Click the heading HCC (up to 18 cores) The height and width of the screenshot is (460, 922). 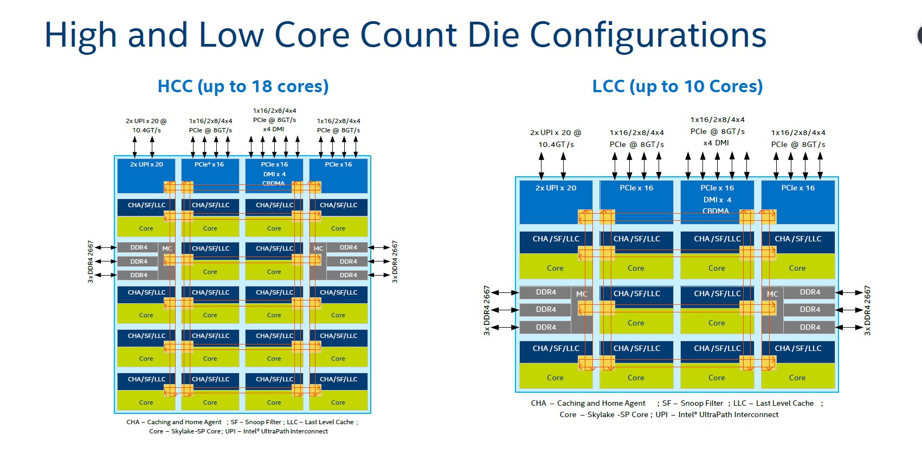click(x=243, y=86)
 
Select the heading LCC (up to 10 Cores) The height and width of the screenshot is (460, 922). click(x=677, y=86)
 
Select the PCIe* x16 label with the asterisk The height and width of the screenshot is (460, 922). click(x=209, y=164)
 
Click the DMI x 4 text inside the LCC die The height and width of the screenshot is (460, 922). click(x=717, y=200)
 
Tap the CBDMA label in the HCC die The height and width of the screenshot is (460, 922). click(x=273, y=183)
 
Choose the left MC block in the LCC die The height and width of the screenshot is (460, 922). click(x=582, y=294)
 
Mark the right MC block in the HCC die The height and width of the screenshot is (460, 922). click(x=318, y=248)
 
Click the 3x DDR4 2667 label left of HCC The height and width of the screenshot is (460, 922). click(x=91, y=261)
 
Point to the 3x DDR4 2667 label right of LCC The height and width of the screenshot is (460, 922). click(x=867, y=310)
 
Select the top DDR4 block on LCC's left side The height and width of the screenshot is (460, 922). click(x=546, y=292)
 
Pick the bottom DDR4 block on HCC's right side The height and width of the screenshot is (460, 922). click(x=348, y=275)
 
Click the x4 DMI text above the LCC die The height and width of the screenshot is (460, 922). click(x=716, y=143)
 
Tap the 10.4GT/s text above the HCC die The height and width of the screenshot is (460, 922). click(x=146, y=130)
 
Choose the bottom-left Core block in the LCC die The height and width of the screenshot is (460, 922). click(x=555, y=378)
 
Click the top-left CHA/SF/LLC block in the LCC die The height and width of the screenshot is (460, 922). click(x=556, y=239)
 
